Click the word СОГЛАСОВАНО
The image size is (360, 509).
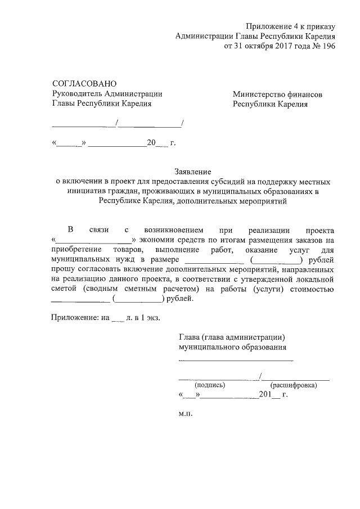[x=84, y=83]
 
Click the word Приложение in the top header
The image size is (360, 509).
[x=266, y=27]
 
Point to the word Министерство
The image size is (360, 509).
[x=260, y=94]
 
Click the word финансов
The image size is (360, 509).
[x=306, y=94]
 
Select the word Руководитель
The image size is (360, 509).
[x=76, y=94]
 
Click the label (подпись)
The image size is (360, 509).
[x=209, y=385]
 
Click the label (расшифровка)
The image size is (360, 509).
[x=294, y=385]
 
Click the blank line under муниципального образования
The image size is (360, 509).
[x=236, y=359]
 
